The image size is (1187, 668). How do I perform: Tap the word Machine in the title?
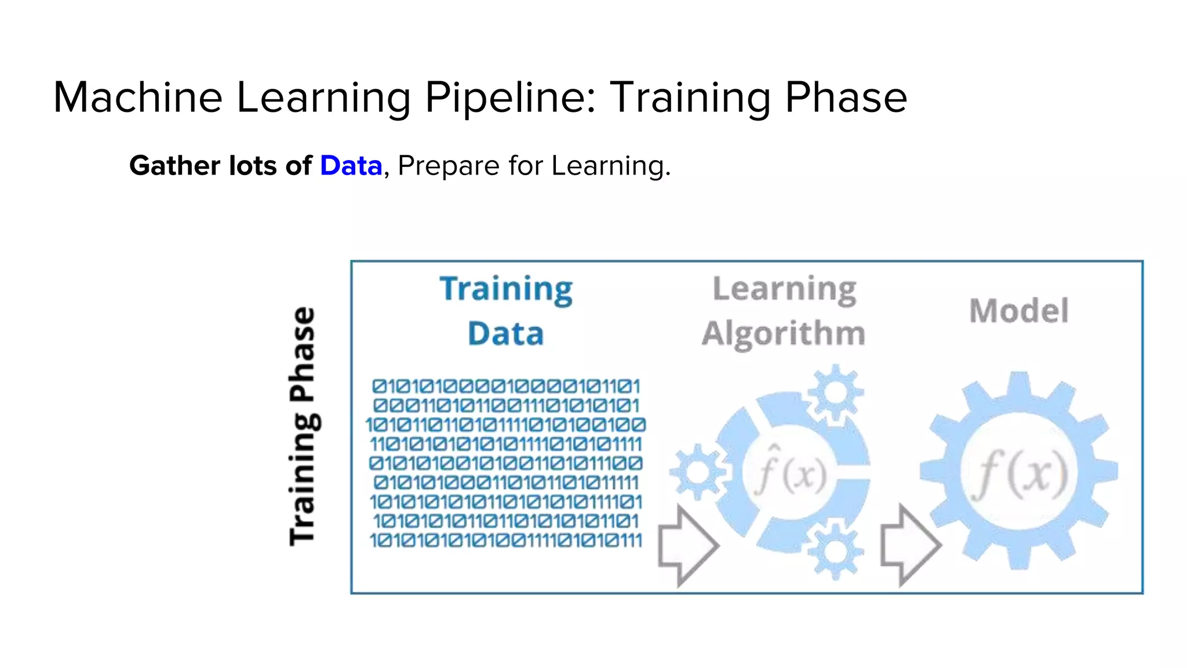pyautogui.click(x=138, y=97)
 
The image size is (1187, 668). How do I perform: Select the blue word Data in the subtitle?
pyautogui.click(x=351, y=166)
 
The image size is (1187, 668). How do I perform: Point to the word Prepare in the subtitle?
pyautogui.click(x=448, y=166)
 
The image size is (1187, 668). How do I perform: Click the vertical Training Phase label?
pyautogui.click(x=303, y=426)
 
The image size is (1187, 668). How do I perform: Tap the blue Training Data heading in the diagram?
pyautogui.click(x=506, y=311)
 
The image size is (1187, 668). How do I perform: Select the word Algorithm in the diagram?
pyautogui.click(x=784, y=333)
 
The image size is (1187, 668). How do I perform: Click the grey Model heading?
pyautogui.click(x=1019, y=311)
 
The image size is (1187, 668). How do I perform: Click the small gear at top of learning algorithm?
pyautogui.click(x=835, y=393)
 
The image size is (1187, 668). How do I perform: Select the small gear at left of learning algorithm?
pyautogui.click(x=698, y=472)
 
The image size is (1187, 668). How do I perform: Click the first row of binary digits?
pyautogui.click(x=506, y=386)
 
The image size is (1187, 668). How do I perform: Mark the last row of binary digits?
pyautogui.click(x=506, y=540)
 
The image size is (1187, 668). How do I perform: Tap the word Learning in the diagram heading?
pyautogui.click(x=784, y=289)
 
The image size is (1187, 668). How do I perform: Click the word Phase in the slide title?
pyautogui.click(x=846, y=97)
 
